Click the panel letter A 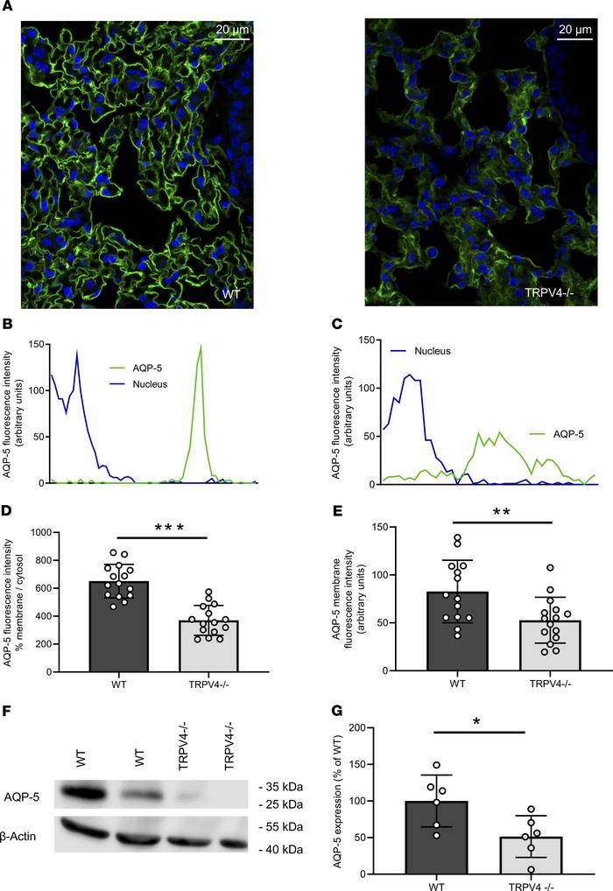click(7, 7)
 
